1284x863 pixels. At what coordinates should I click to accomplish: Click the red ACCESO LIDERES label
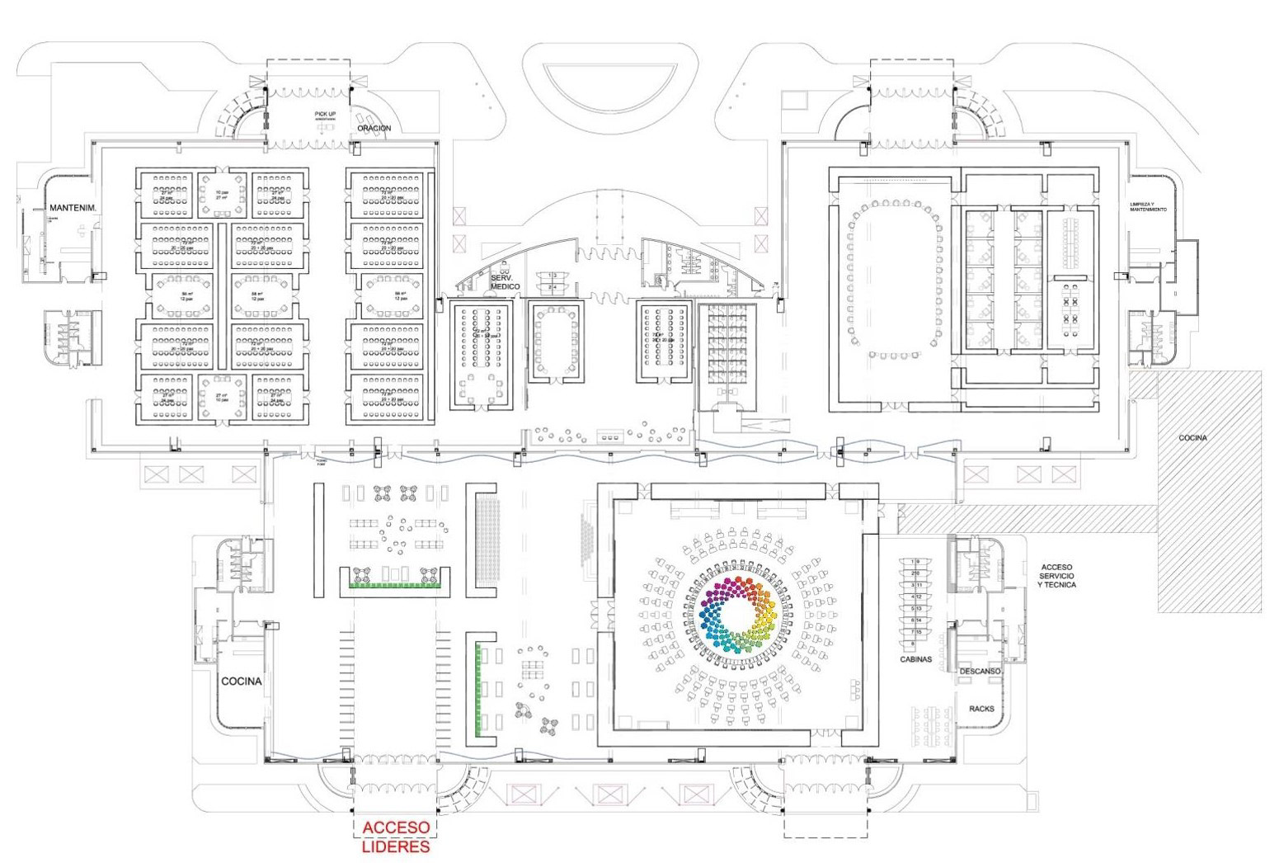coord(396,836)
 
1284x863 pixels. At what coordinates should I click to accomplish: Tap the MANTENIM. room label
coord(73,207)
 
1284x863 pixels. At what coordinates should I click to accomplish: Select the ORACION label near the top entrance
coord(374,129)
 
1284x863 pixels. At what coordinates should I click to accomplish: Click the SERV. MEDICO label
coord(505,283)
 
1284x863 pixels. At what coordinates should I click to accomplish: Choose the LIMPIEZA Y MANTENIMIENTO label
coord(1148,206)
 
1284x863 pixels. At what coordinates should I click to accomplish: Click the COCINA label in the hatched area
coord(1192,438)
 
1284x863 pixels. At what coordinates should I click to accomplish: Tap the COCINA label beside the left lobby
coord(241,681)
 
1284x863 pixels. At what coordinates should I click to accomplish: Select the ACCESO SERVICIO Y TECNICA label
coord(1058,576)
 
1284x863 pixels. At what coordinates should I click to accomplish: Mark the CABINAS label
coord(915,659)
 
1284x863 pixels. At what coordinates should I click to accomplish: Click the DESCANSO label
coord(980,672)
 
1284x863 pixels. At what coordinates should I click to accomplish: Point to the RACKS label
coord(981,709)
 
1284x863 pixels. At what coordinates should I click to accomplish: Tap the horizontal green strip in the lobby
coord(395,585)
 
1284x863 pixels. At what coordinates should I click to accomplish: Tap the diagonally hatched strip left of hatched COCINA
coord(1027,518)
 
